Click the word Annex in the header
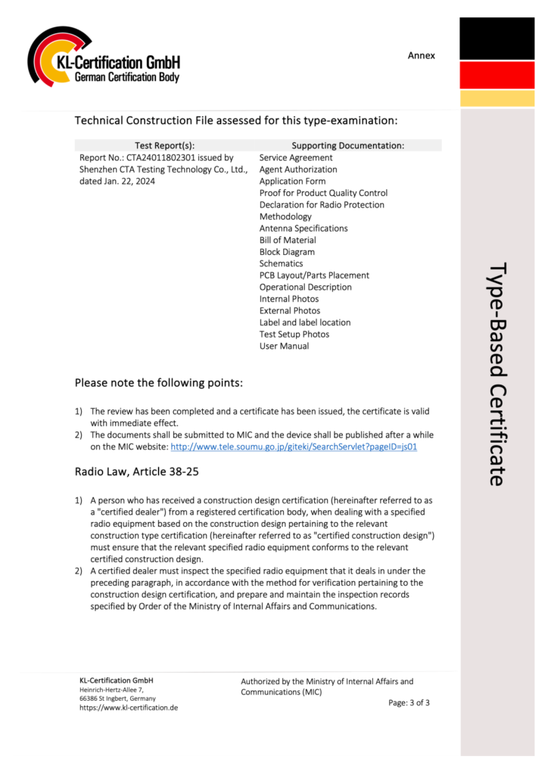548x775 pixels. pos(422,55)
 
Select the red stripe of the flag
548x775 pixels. pos(497,75)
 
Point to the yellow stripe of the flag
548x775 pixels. pos(497,98)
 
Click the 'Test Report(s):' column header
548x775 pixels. pos(164,145)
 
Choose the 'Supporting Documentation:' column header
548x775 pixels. pos(347,145)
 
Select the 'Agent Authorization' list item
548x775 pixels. pos(298,170)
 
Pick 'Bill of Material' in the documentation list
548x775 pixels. pos(288,240)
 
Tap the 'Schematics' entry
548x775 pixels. pos(281,263)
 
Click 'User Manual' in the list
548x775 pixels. pos(284,346)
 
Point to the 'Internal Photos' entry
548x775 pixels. pos(289,299)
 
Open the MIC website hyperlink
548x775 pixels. pos(294,447)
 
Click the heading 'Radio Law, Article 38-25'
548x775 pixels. pos(137,472)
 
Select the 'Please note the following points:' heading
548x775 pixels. pos(159,383)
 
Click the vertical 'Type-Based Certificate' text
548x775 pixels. pos(497,375)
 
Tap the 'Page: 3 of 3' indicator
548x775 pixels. pos(409,702)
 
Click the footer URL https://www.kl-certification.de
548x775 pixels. pos(129,708)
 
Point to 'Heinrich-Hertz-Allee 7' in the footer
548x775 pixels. pos(111,689)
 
